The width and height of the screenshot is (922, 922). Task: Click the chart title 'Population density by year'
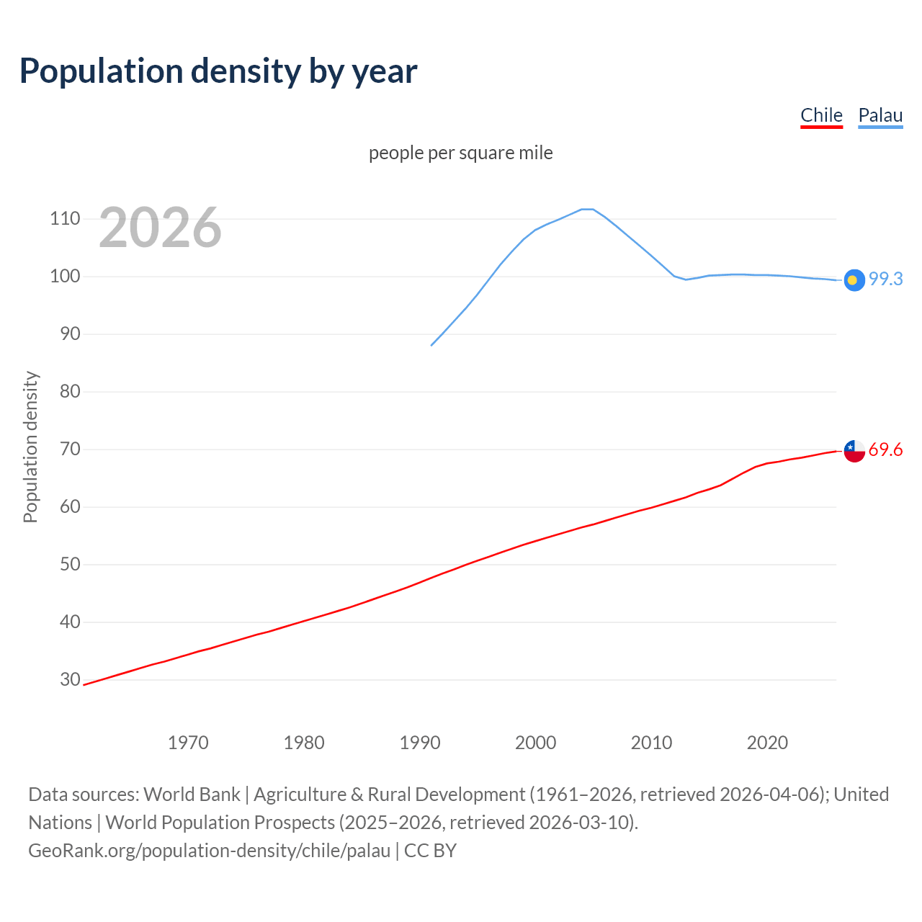tap(218, 71)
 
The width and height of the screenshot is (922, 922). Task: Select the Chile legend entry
tap(821, 115)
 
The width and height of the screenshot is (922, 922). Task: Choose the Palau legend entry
tap(880, 115)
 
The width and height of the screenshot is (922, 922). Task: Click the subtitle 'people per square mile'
tap(460, 153)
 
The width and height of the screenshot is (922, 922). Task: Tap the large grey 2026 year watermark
tap(160, 228)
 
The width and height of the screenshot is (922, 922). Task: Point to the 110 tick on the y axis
tap(65, 219)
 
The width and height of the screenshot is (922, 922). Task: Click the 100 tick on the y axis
tap(65, 277)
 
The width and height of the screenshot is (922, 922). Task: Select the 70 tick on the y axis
tap(69, 449)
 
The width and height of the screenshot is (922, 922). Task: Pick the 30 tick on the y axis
tap(69, 679)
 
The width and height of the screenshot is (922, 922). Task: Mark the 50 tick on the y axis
tap(69, 564)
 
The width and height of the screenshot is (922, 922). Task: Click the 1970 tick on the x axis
tap(188, 743)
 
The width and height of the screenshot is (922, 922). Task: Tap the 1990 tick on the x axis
tap(420, 743)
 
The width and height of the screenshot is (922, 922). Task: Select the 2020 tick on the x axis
tap(767, 743)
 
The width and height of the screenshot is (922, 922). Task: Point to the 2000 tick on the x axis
tap(535, 743)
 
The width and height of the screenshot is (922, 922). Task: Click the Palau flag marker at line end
tap(854, 280)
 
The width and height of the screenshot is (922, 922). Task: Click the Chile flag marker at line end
tap(854, 451)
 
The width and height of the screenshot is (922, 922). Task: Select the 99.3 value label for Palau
tap(885, 279)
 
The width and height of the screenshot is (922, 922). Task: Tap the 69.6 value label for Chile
tap(885, 449)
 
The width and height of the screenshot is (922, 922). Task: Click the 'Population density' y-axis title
tap(30, 447)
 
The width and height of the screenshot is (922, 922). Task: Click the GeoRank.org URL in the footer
tap(209, 851)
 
